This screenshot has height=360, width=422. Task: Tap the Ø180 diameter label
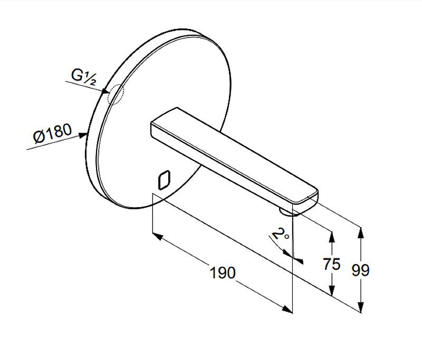pos(52,133)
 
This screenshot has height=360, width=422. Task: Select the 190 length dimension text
pos(222,273)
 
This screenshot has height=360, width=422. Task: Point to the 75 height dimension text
pos(332,264)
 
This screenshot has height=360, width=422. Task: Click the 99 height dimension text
pos(361,270)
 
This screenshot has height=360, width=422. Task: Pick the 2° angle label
pos(281,233)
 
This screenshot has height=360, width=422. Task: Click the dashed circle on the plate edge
pos(116,94)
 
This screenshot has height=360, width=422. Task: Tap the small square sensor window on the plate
pos(164,180)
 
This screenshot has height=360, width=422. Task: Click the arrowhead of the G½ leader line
pos(106,92)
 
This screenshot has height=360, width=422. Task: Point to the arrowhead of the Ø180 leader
pos(82,135)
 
